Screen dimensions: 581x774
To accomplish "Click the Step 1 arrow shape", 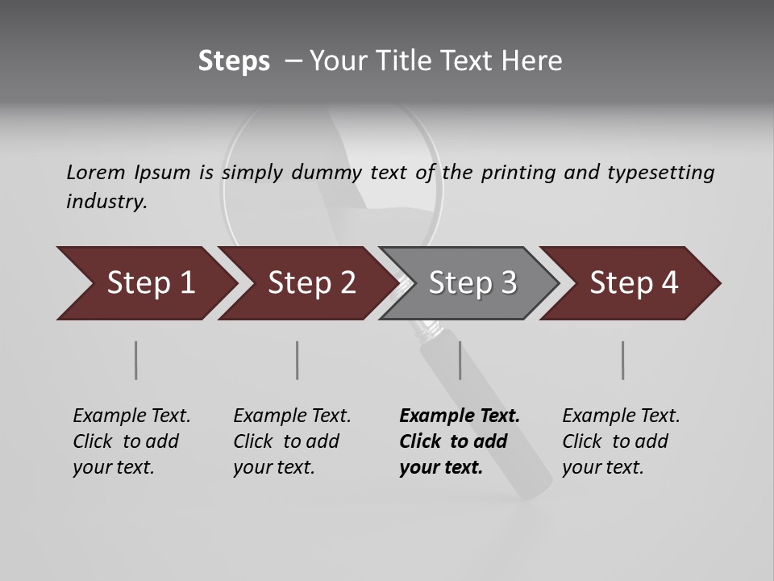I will [149, 283].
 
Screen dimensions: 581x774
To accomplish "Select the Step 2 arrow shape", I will [310, 283].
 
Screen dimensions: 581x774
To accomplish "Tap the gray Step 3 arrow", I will [472, 283].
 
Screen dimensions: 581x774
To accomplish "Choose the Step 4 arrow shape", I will [633, 283].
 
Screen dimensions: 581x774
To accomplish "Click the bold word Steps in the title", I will [234, 61].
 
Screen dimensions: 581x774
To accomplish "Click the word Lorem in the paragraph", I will [96, 172].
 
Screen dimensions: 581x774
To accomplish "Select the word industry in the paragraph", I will [106, 202].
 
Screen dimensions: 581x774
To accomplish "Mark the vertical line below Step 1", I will [136, 360].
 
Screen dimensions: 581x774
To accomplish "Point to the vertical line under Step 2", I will [298, 360].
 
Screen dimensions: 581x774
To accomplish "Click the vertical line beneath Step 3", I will [460, 360].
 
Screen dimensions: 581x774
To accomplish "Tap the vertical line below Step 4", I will [623, 360].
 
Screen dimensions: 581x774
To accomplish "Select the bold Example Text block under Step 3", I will [459, 441].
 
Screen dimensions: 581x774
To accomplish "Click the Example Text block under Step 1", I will [131, 441].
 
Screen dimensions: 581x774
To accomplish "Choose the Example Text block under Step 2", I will [292, 441].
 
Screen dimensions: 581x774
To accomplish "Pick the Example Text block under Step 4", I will [621, 441].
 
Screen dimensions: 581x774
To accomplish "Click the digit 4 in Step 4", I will [670, 283].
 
